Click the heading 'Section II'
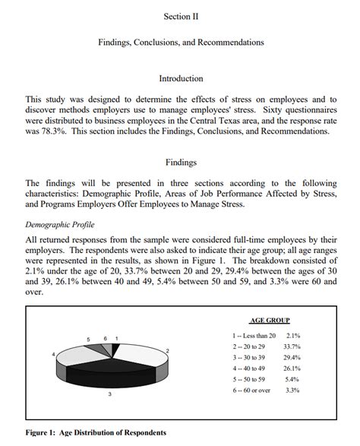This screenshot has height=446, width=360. tap(181, 16)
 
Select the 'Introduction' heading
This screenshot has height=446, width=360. tap(181, 78)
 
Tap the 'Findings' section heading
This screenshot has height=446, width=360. tap(181, 162)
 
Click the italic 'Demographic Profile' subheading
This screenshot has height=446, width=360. tap(60, 225)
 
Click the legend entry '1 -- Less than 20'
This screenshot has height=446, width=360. tap(254, 335)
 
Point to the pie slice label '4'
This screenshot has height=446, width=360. tap(53, 354)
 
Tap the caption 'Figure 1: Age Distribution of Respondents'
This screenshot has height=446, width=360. tap(96, 432)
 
